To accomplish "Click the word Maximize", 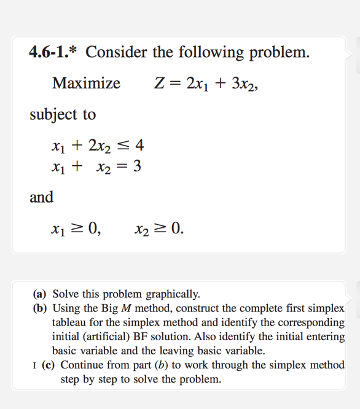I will pyautogui.click(x=87, y=83).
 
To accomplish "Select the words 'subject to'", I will pyautogui.click(x=63, y=114).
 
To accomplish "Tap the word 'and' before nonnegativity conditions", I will pyautogui.click(x=41, y=197).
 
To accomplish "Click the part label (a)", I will pyautogui.click(x=41, y=294).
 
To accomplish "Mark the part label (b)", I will pyautogui.click(x=41, y=308).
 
